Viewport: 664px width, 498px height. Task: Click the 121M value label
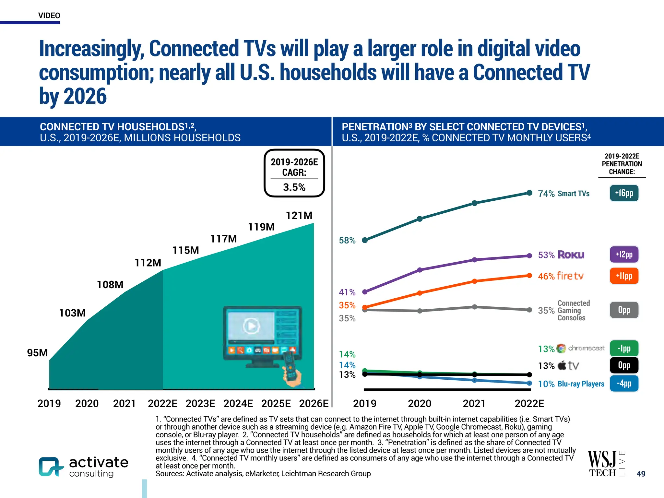coord(299,216)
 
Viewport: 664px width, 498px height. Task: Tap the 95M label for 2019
coord(37,353)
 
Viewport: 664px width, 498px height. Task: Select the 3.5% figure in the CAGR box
coord(294,187)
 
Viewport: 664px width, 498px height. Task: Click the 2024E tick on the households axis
coord(238,404)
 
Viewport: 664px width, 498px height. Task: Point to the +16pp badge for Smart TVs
coord(624,193)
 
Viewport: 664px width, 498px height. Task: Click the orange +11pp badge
coord(624,276)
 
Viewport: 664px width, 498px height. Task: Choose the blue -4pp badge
coord(624,384)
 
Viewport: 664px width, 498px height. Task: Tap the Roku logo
coord(571,255)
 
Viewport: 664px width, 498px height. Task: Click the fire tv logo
coord(570,276)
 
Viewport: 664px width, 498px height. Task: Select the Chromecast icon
coord(561,349)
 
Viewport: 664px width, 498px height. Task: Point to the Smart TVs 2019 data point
coord(365,240)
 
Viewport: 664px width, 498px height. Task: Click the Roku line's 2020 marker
coord(420,270)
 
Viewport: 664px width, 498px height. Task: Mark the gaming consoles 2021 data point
coord(474,307)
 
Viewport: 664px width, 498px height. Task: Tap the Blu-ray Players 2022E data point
coord(529,383)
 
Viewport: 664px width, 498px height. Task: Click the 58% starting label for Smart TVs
coord(347,241)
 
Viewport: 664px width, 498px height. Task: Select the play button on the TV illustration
coord(251,326)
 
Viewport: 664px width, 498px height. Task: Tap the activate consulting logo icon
coord(51,467)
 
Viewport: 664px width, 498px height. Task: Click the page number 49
coord(641,474)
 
